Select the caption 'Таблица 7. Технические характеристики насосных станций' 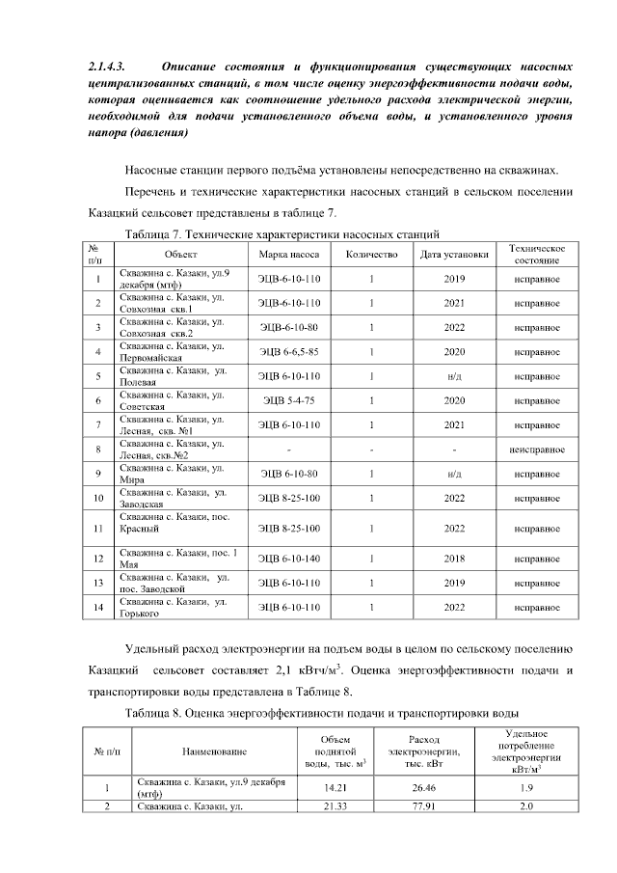coord(283,233)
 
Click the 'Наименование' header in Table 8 coord(207,750)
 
